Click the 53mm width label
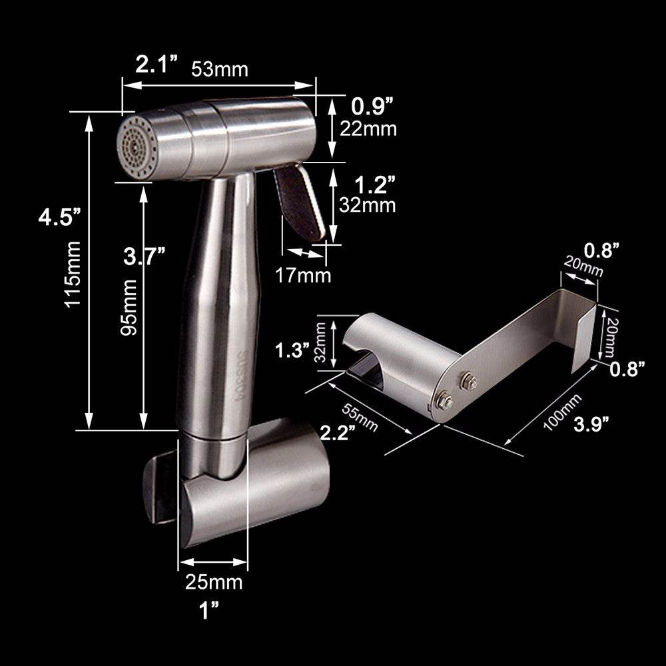point(220,69)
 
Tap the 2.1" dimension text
point(158,65)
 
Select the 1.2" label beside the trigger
point(373,182)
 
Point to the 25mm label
point(214,582)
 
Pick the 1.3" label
point(292,350)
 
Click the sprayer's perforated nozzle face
point(137,147)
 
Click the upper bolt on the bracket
point(467,380)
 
